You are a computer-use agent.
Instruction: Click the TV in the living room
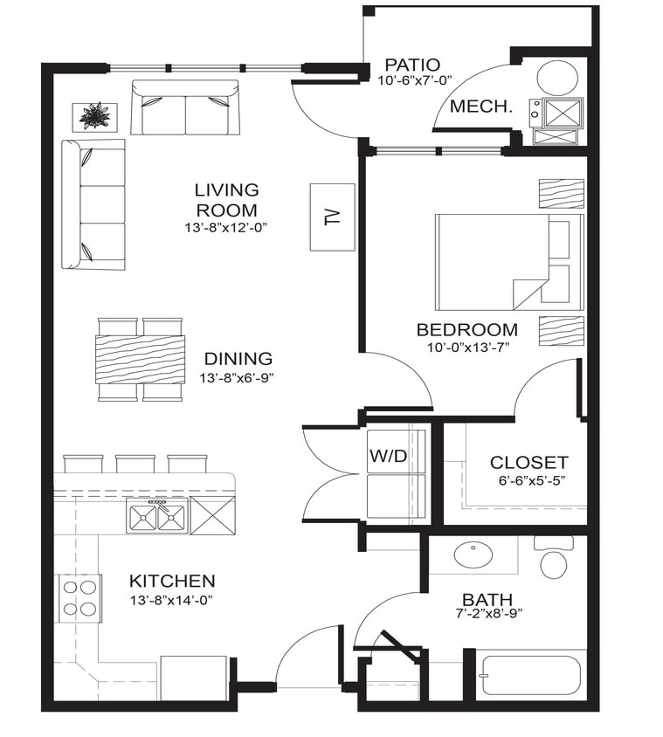coord(332,217)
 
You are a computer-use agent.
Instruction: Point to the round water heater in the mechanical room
coord(556,78)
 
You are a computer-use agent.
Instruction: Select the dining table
coord(141,359)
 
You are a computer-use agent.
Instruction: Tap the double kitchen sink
coord(157,518)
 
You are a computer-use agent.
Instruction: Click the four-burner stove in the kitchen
coord(79,598)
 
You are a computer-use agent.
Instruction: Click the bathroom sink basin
coord(473,554)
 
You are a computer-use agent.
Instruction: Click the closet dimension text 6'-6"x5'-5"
coord(528,481)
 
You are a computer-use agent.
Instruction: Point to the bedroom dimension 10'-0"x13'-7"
coord(466,347)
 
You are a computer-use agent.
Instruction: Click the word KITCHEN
coord(172,581)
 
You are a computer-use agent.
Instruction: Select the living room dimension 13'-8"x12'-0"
coord(226,227)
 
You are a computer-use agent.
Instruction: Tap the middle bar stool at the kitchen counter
coord(135,463)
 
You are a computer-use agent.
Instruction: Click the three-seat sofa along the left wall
coord(93,204)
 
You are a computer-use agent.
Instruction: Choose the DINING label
coord(238,359)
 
